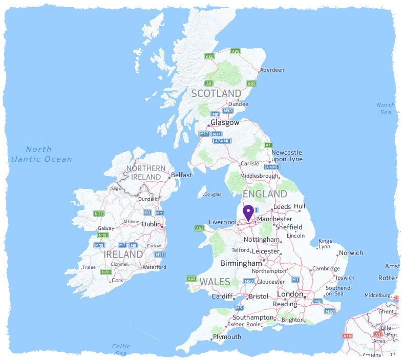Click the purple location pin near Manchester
pyautogui.click(x=248, y=212)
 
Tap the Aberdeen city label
pyautogui.click(x=271, y=70)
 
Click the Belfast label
pyautogui.click(x=181, y=175)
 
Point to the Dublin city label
pyautogui.click(x=151, y=224)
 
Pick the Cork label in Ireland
pyautogui.click(x=118, y=281)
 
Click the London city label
pyautogui.click(x=290, y=294)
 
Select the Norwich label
pyautogui.click(x=351, y=253)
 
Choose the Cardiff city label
pyautogui.click(x=222, y=297)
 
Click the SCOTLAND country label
pyautogui.click(x=216, y=93)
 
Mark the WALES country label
pyautogui.click(x=215, y=282)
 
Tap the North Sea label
pyautogui.click(x=386, y=109)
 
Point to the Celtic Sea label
pyautogui.click(x=121, y=350)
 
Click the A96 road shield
pyautogui.click(x=236, y=51)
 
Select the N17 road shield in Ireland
pyautogui.click(x=99, y=213)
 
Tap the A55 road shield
pyautogui.click(x=199, y=228)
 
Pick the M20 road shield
pyautogui.click(x=330, y=311)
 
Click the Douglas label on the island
pyautogui.click(x=213, y=195)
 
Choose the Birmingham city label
pyautogui.click(x=241, y=263)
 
